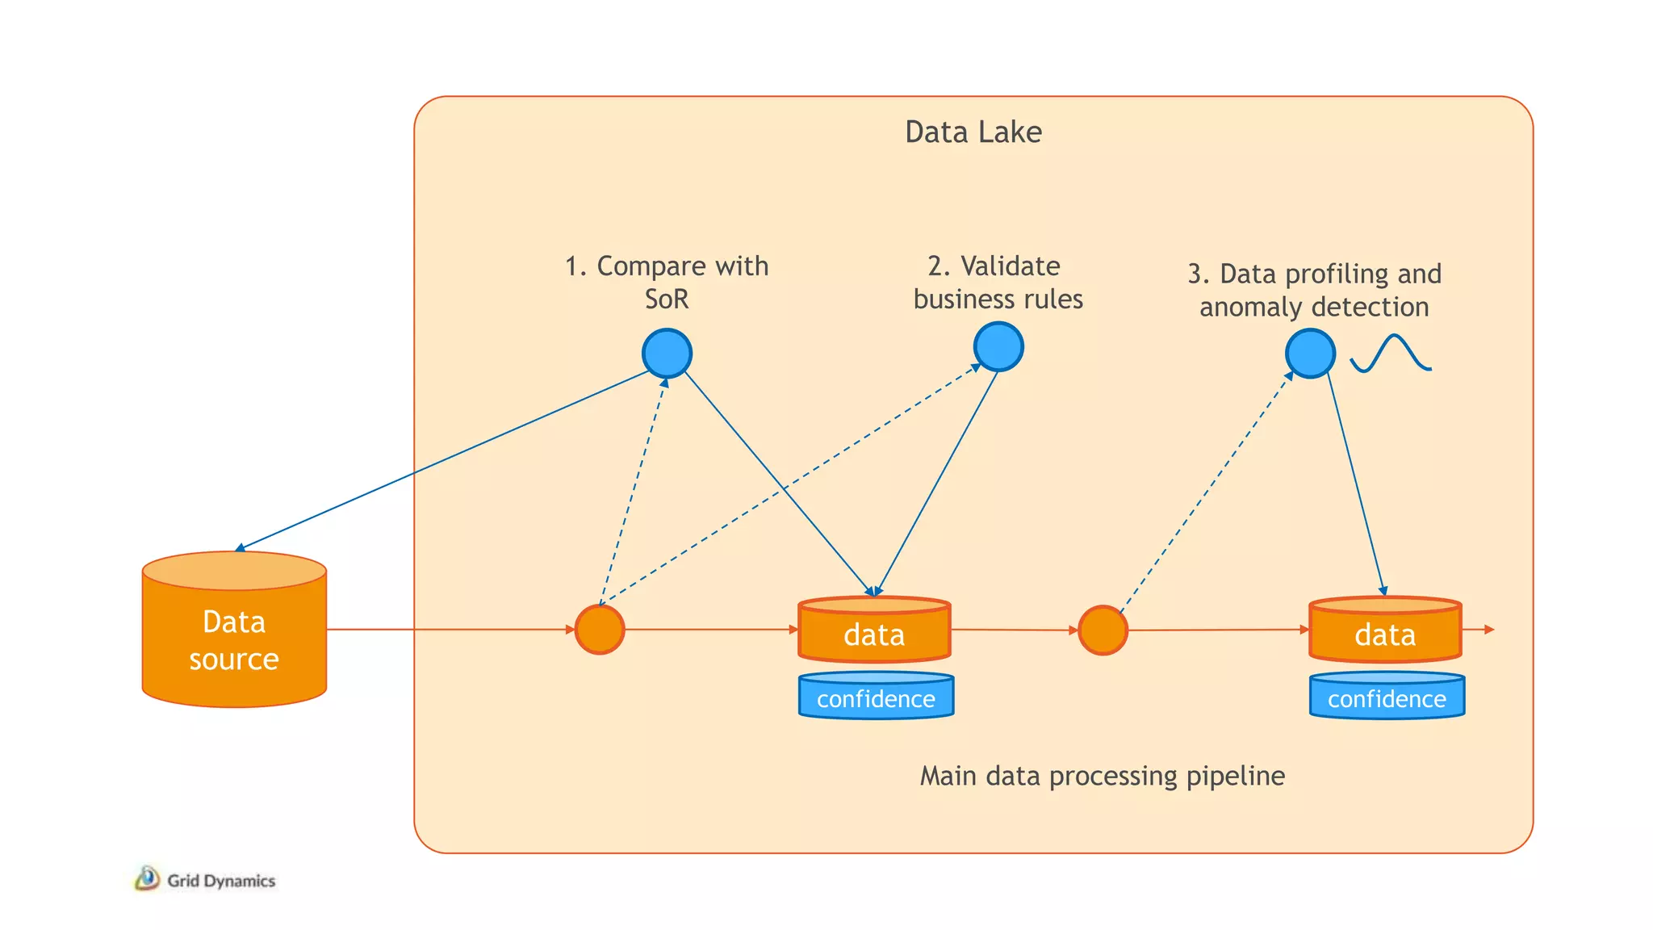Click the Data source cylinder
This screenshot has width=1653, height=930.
pyautogui.click(x=234, y=638)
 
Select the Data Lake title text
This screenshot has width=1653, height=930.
pyautogui.click(x=973, y=132)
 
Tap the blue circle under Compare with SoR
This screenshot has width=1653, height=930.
pyautogui.click(x=667, y=353)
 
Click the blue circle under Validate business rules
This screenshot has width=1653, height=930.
pyautogui.click(x=998, y=346)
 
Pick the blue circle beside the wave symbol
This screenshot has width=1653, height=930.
pyautogui.click(x=1309, y=353)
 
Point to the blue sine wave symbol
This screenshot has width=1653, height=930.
pyautogui.click(x=1390, y=354)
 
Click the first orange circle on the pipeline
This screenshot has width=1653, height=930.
pyautogui.click(x=599, y=630)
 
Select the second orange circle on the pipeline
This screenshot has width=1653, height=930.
pyautogui.click(x=1103, y=630)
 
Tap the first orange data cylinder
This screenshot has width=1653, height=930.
pyautogui.click(x=874, y=631)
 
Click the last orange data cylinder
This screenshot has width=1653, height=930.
pyautogui.click(x=1385, y=631)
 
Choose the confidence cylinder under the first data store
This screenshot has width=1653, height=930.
pyautogui.click(x=876, y=696)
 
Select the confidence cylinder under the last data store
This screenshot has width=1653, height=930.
pyautogui.click(x=1387, y=696)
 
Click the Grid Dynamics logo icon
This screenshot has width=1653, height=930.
pyautogui.click(x=147, y=878)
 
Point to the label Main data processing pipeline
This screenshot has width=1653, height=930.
pyautogui.click(x=1102, y=776)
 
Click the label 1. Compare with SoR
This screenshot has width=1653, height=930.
pyautogui.click(x=667, y=282)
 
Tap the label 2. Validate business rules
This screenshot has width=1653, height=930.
pyautogui.click(x=998, y=282)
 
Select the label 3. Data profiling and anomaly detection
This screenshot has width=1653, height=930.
pyautogui.click(x=1314, y=290)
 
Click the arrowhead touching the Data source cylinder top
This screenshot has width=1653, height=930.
pyautogui.click(x=240, y=548)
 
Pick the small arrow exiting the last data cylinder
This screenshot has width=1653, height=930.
pyautogui.click(x=1488, y=630)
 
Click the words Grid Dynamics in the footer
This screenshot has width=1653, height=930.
pyautogui.click(x=221, y=881)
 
